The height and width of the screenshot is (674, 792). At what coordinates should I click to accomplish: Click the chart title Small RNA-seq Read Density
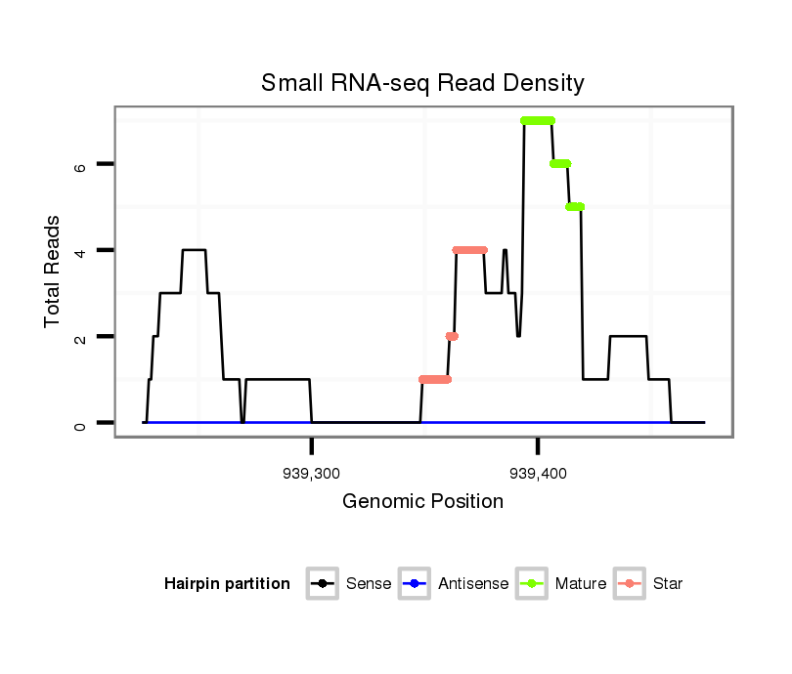pyautogui.click(x=422, y=83)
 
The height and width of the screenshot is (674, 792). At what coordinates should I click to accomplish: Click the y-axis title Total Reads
pyautogui.click(x=55, y=271)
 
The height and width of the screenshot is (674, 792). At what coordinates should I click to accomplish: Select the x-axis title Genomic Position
pyautogui.click(x=422, y=502)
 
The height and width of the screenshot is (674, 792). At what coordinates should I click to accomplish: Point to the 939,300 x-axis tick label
pyautogui.click(x=311, y=474)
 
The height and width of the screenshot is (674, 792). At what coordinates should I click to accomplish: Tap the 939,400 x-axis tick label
pyautogui.click(x=537, y=474)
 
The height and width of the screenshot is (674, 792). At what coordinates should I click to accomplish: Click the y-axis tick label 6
pyautogui.click(x=81, y=165)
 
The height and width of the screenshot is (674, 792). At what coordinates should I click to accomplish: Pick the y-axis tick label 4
pyautogui.click(x=81, y=251)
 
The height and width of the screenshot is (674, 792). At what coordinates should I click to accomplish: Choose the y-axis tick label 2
pyautogui.click(x=81, y=337)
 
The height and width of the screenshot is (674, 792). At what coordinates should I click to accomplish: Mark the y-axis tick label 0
pyautogui.click(x=81, y=423)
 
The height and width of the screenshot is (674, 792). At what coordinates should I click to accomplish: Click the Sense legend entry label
pyautogui.click(x=369, y=584)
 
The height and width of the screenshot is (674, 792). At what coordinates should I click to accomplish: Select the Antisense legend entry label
pyautogui.click(x=473, y=584)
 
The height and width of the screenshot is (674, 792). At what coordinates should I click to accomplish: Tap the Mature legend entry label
pyautogui.click(x=580, y=584)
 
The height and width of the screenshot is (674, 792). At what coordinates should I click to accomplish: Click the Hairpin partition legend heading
pyautogui.click(x=227, y=584)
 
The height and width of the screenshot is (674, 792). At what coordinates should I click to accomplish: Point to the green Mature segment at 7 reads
pyautogui.click(x=538, y=121)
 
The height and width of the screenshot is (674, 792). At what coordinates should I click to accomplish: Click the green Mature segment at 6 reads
pyautogui.click(x=560, y=164)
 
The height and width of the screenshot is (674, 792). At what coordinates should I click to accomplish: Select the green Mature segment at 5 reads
pyautogui.click(x=575, y=207)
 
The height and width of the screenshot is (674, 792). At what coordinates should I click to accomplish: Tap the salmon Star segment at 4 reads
pyautogui.click(x=470, y=250)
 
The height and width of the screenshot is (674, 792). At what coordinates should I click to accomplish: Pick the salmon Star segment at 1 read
pyautogui.click(x=435, y=380)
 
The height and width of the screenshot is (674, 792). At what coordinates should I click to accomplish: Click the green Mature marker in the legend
pyautogui.click(x=535, y=584)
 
